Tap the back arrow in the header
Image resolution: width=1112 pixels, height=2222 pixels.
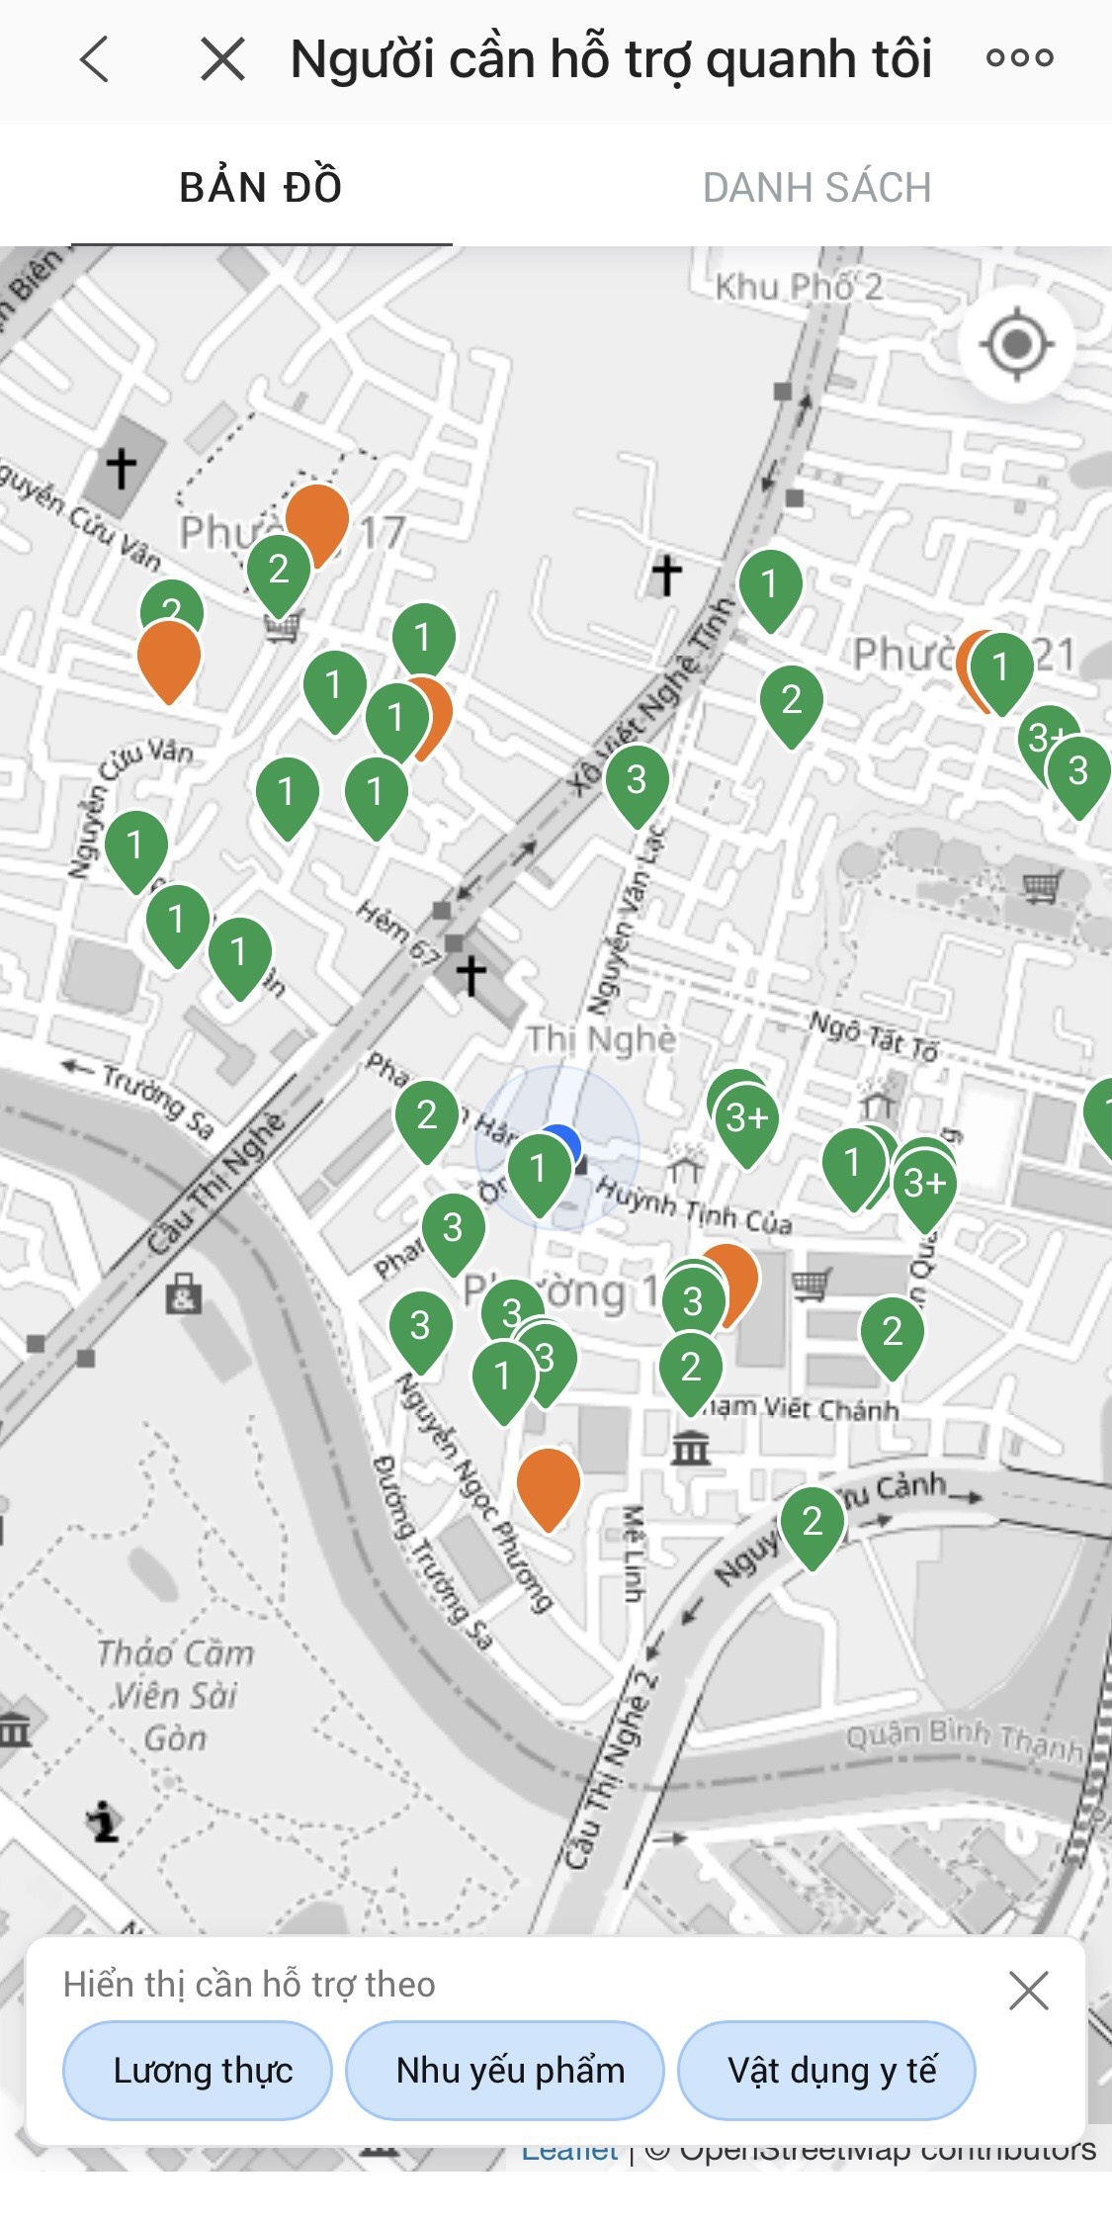point(95,59)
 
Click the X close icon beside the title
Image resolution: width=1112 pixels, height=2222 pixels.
point(222,59)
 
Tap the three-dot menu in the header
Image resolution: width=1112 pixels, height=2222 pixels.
point(1019,58)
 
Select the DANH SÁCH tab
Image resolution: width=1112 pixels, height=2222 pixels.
point(816,187)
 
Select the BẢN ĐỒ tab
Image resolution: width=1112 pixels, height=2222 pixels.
point(261,187)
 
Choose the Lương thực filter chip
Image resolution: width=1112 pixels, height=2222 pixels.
point(198,2070)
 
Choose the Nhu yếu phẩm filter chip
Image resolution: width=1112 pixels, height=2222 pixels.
point(505,2070)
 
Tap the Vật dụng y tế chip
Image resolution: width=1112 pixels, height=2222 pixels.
point(827,2070)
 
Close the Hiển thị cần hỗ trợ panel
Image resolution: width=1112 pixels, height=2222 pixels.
point(1028,1991)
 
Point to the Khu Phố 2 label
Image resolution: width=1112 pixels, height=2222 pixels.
point(799,287)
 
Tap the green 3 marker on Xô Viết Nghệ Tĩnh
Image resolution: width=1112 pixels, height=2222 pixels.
point(637,781)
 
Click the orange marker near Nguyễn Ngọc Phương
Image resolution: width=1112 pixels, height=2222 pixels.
point(549,1482)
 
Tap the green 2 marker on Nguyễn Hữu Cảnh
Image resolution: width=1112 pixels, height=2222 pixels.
point(813,1522)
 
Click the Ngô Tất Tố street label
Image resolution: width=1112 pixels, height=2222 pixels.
point(873,1034)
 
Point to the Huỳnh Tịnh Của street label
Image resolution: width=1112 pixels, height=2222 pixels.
point(694,1206)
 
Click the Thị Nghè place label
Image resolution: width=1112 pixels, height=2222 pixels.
point(601,1039)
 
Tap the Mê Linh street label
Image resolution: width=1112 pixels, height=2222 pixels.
point(634,1553)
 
